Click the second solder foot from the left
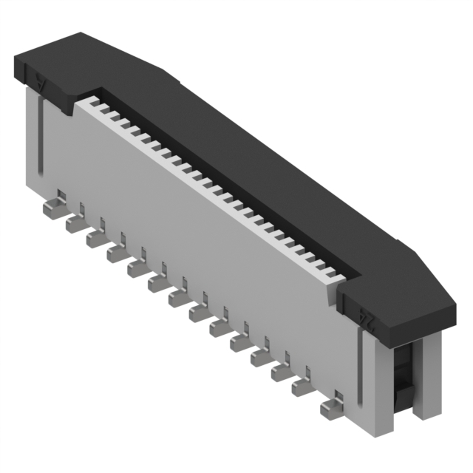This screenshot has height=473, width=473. click(74, 224)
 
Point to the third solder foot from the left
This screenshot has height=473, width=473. click(95, 239)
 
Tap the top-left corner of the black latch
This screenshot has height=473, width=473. click(18, 55)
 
